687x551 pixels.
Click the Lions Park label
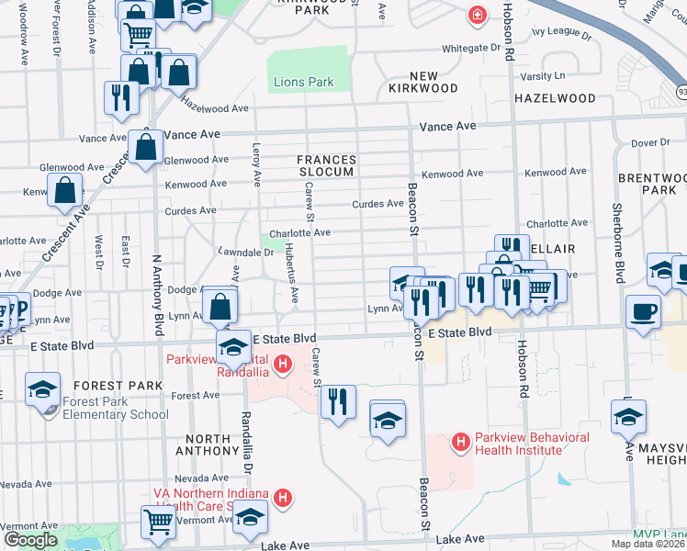pyautogui.click(x=303, y=83)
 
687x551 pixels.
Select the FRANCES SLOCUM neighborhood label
pyautogui.click(x=326, y=166)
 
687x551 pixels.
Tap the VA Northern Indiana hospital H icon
pyautogui.click(x=284, y=499)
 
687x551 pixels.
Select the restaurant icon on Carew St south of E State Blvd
pyautogui.click(x=338, y=401)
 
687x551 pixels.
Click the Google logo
pyautogui.click(x=30, y=539)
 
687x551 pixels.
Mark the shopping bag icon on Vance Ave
pyautogui.click(x=146, y=147)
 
